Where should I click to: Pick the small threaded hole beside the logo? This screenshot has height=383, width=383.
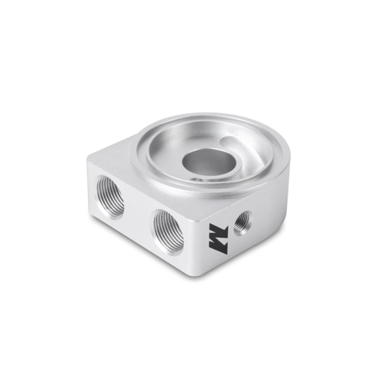242,223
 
